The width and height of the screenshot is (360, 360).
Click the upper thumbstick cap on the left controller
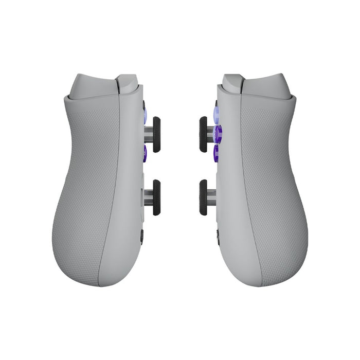[156, 135]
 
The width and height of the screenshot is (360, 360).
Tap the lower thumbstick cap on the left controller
[156, 197]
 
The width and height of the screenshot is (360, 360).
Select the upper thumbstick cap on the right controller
[203, 134]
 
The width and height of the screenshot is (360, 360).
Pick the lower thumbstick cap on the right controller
[203, 197]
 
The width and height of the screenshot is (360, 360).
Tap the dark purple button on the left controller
[144, 152]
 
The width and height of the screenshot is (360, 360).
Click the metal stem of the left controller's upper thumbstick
[148, 135]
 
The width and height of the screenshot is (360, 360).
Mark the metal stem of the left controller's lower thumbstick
[148, 197]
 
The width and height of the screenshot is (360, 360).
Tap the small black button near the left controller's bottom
[141, 236]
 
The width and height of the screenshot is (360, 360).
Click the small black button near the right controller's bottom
[218, 235]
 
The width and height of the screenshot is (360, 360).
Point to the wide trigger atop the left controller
[93, 85]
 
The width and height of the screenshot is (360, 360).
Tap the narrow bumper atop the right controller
[233, 83]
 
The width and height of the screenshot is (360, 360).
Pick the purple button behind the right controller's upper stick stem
[218, 134]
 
